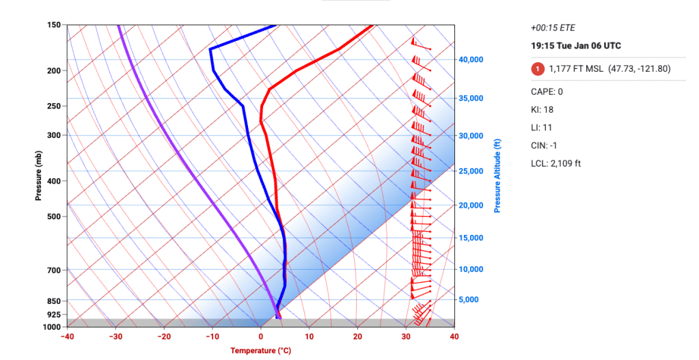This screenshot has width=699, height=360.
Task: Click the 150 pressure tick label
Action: (x=54, y=25)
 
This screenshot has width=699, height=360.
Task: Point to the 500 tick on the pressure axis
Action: (x=54, y=217)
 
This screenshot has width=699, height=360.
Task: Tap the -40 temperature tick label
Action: (x=67, y=335)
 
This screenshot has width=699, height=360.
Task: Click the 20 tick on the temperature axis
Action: (x=357, y=335)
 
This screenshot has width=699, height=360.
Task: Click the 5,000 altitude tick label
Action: (x=471, y=300)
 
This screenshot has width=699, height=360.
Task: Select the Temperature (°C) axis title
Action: (x=260, y=351)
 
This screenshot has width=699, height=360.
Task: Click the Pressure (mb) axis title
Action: (x=39, y=176)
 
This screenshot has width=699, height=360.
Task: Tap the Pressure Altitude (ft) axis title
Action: (x=497, y=175)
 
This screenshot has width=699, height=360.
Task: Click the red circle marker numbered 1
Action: (x=537, y=68)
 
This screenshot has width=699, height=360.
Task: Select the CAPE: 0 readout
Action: (x=547, y=92)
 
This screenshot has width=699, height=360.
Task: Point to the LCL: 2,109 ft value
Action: (x=556, y=163)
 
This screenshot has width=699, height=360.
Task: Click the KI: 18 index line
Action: (x=542, y=109)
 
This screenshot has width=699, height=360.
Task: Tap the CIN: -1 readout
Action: (x=543, y=146)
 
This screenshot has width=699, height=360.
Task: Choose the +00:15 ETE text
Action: (x=553, y=28)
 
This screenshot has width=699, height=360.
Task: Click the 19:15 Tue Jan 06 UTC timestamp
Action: (x=575, y=46)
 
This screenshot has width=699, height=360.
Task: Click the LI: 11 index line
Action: (x=540, y=128)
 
